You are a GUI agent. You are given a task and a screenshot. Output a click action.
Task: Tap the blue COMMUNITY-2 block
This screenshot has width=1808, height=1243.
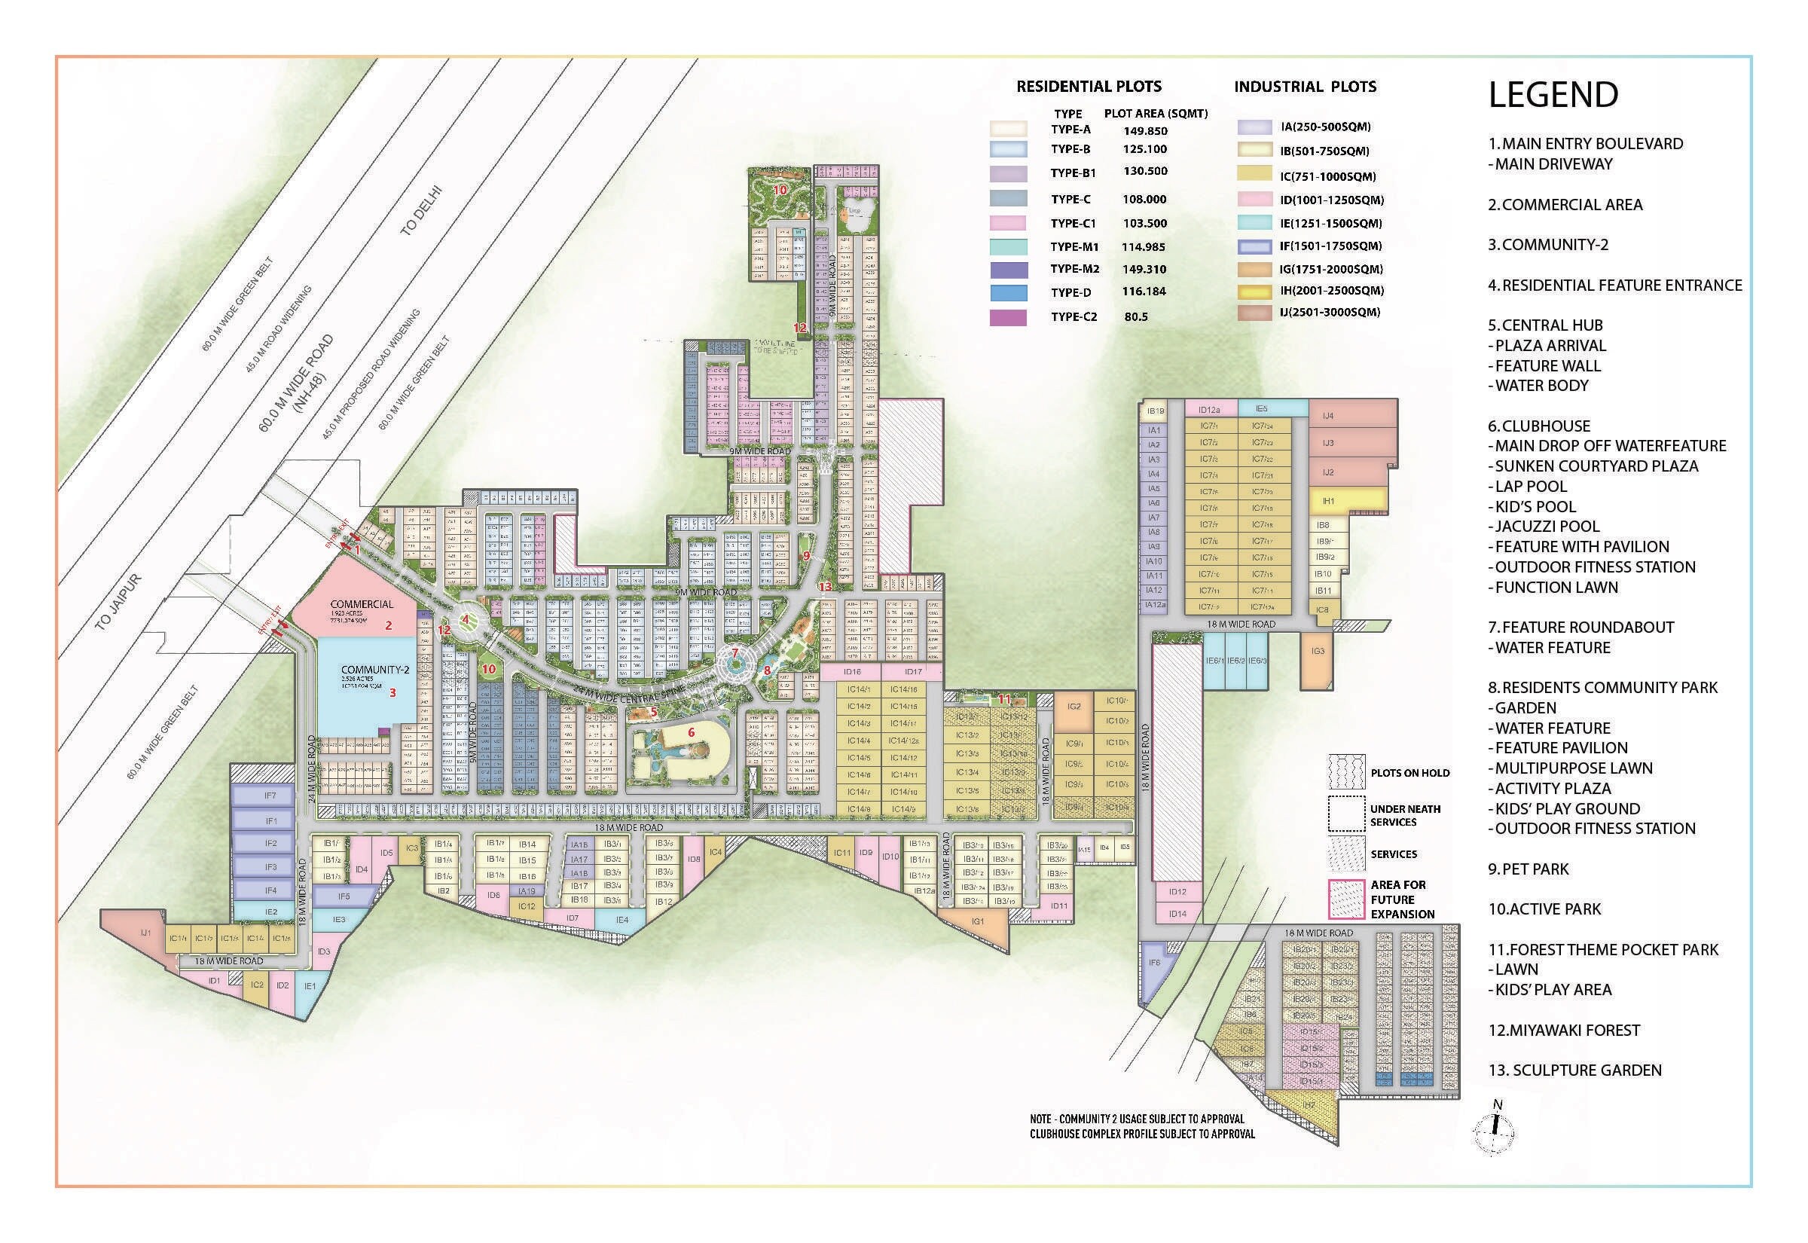pos(366,686)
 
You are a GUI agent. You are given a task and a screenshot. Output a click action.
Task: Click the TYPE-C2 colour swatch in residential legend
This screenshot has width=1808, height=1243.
pos(1007,318)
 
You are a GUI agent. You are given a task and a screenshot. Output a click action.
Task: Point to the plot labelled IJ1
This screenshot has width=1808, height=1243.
pos(145,933)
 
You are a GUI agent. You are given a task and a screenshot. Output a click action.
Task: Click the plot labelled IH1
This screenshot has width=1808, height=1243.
pos(1328,502)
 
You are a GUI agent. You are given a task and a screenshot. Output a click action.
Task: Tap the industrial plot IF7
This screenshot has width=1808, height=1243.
pos(270,796)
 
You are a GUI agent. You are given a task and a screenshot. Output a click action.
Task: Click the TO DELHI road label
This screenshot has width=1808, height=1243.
pos(421,210)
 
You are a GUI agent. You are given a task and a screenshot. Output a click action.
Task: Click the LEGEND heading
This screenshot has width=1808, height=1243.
pos(1553,95)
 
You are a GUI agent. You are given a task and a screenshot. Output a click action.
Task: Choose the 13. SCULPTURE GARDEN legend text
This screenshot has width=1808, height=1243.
pos(1574,1070)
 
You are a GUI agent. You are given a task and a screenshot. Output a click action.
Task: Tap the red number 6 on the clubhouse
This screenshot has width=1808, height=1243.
pos(691,732)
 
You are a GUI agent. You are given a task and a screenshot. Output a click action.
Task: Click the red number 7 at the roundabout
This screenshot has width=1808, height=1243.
pos(734,652)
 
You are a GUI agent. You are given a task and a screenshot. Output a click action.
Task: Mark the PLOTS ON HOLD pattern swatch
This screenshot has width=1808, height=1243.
pos(1345,772)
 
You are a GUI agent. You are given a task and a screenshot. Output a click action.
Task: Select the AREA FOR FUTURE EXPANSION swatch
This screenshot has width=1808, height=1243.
pos(1345,899)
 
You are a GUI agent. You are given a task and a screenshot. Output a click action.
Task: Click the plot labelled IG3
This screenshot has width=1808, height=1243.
pos(1318,651)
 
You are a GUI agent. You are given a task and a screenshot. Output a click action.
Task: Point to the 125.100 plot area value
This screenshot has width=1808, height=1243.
pos(1144,149)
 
